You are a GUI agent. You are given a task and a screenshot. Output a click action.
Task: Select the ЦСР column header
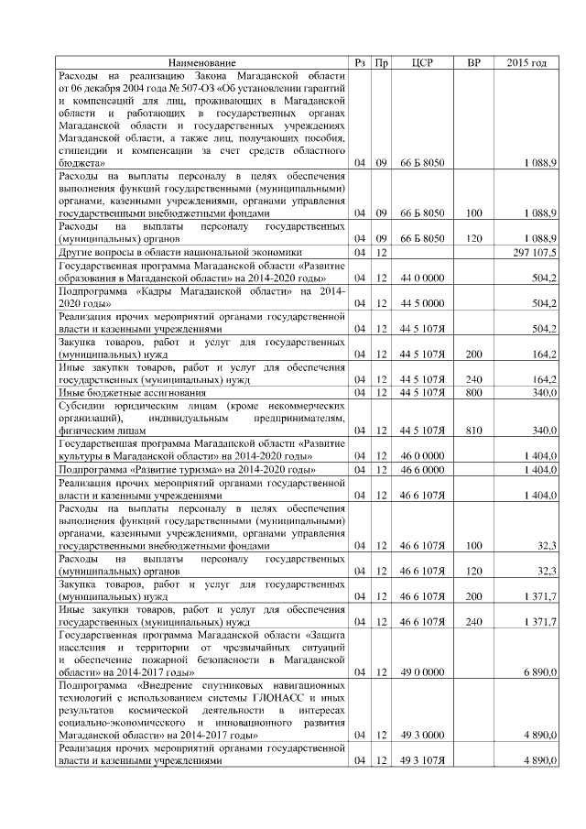pyautogui.click(x=422, y=62)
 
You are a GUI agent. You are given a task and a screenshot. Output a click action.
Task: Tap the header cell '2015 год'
pyautogui.click(x=527, y=62)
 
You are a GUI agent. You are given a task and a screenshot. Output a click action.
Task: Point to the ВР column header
pyautogui.click(x=473, y=62)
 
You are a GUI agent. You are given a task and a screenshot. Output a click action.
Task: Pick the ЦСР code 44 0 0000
pyautogui.click(x=422, y=277)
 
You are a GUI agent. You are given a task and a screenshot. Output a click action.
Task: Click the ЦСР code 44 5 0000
pyautogui.click(x=422, y=302)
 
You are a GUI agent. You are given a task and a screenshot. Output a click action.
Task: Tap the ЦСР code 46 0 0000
pyautogui.click(x=422, y=455)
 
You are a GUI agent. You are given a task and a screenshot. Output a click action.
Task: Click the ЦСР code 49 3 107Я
pyautogui.click(x=422, y=760)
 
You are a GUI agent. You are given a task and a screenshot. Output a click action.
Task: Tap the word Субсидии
pyautogui.click(x=83, y=405)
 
